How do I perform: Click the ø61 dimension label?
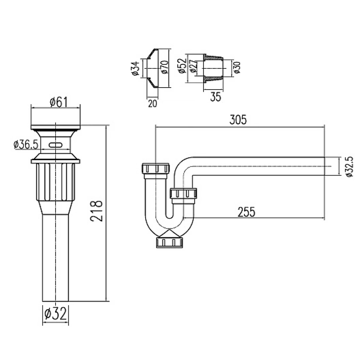tap(58, 102)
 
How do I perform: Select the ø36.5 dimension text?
tap(26, 144)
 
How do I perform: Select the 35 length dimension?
tap(215, 97)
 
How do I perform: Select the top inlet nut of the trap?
tap(156, 168)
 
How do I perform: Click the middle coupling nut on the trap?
tap(183, 194)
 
